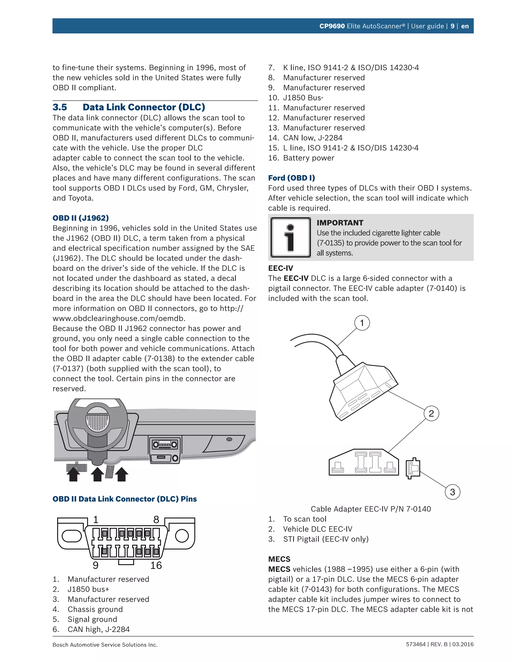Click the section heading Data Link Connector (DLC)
pyautogui.click(x=144, y=107)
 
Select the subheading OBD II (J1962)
pyautogui.click(x=81, y=218)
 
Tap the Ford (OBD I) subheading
pyautogui.click(x=291, y=178)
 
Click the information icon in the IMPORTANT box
pyautogui.click(x=290, y=237)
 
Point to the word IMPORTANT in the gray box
pyautogui.click(x=340, y=223)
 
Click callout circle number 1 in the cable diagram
pyautogui.click(x=362, y=323)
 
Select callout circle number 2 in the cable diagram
pyautogui.click(x=431, y=413)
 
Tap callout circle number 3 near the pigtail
pyautogui.click(x=452, y=492)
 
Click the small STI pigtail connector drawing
pyautogui.click(x=413, y=468)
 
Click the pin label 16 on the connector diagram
pyautogui.click(x=156, y=565)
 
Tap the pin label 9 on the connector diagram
pyautogui.click(x=95, y=565)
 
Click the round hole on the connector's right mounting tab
pyautogui.click(x=182, y=536)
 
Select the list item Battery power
pyautogui.click(x=308, y=158)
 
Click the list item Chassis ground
pyautogui.click(x=95, y=609)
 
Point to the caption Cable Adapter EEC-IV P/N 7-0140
pyautogui.click(x=371, y=509)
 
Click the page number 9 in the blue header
pyautogui.click(x=452, y=26)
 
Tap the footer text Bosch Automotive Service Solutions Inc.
pyautogui.click(x=105, y=645)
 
